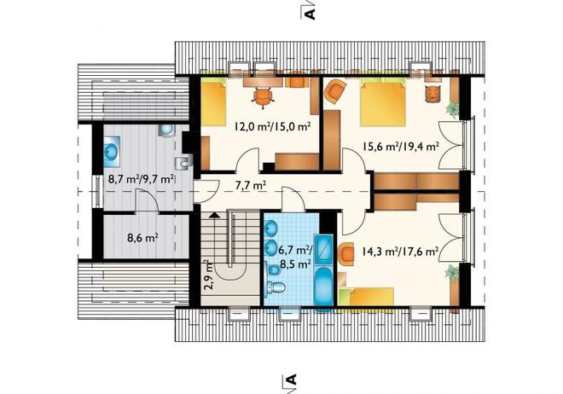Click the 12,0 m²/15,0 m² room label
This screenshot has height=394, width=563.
pos(273,127)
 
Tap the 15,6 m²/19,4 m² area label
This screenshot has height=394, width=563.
pos(400,147)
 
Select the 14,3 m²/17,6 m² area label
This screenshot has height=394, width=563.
pos(400,252)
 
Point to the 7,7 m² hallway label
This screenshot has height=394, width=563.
pos(251,186)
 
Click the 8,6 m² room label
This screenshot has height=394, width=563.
pos(143,238)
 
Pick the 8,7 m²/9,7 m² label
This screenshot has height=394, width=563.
pos(142,179)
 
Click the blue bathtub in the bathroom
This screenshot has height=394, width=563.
pos(323,287)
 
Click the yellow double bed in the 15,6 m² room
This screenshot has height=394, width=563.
pos(383,104)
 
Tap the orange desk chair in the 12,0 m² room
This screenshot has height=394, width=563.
pos(263,97)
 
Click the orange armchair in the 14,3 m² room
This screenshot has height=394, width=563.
pos(346,253)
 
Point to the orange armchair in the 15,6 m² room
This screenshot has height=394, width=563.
pos(336,92)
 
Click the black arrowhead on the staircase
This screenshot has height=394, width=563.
pos(214,215)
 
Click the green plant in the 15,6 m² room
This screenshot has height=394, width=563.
pos(453,109)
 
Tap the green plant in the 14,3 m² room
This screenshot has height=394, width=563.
pos(453,272)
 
